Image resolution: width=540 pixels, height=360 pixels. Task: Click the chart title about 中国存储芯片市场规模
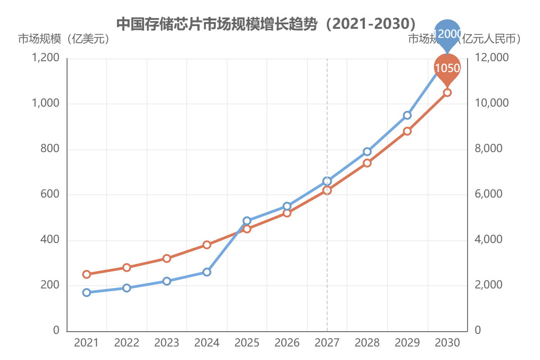click(265, 23)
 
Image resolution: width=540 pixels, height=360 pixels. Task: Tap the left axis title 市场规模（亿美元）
click(63, 39)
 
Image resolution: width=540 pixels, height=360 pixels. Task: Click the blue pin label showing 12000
click(447, 33)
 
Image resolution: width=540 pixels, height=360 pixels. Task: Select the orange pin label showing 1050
click(447, 68)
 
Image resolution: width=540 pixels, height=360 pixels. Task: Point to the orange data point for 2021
click(86, 274)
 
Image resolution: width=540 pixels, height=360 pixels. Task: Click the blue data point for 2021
click(86, 292)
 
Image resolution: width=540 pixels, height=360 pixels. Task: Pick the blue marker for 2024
click(207, 272)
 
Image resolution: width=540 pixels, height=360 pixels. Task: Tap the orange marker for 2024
click(207, 245)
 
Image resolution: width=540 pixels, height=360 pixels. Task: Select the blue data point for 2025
click(247, 220)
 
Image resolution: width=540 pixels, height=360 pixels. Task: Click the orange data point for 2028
click(367, 163)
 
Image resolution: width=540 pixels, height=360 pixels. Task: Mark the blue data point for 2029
click(407, 115)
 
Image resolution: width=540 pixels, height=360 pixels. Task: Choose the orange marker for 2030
click(447, 92)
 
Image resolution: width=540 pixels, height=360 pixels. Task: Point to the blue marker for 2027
click(327, 181)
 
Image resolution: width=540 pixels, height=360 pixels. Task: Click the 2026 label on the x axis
click(287, 343)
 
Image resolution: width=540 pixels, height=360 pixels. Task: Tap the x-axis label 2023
click(166, 343)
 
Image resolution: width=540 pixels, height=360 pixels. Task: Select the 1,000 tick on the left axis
click(46, 103)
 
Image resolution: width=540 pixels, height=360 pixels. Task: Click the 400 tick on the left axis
click(50, 240)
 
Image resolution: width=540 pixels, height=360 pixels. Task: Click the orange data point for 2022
click(126, 267)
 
